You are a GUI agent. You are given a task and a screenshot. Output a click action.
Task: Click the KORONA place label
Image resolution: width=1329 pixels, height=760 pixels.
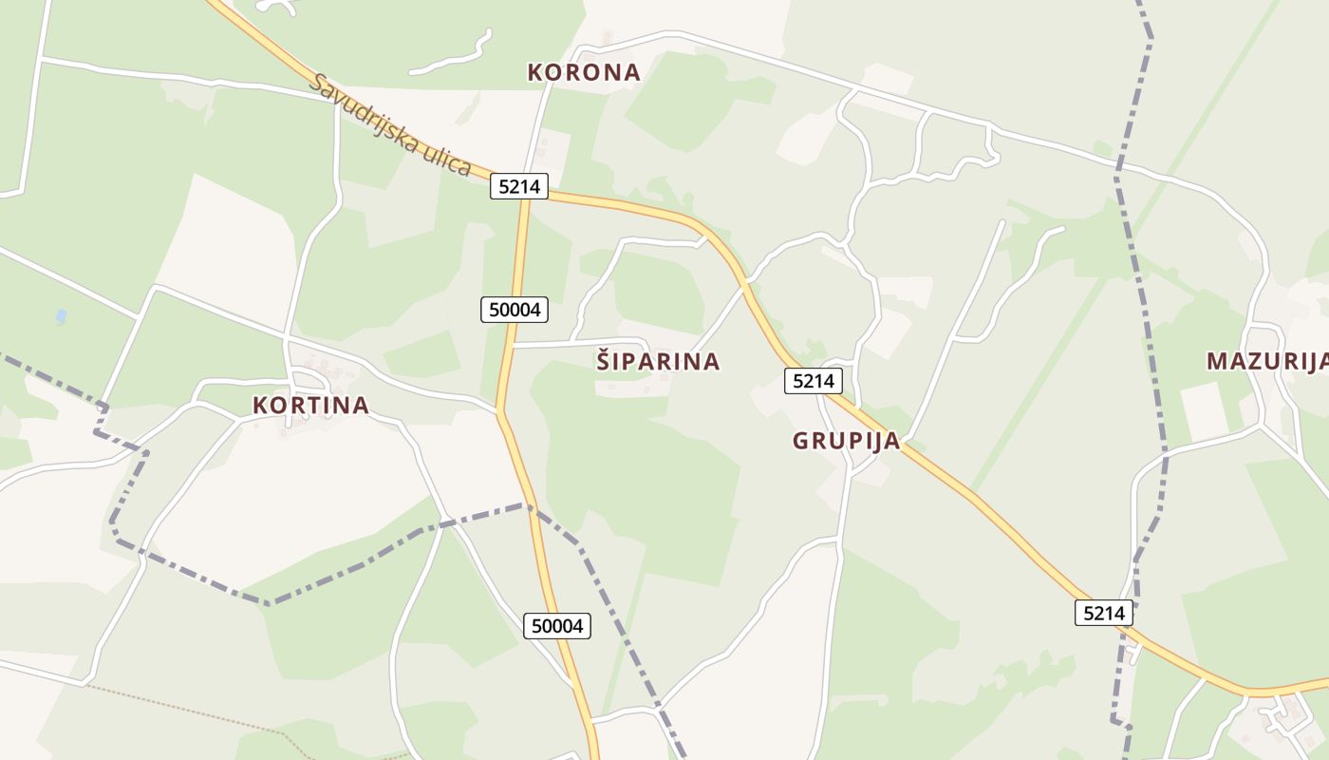tap(584, 72)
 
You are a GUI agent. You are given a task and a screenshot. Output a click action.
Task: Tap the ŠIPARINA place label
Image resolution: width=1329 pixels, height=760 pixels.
tap(658, 361)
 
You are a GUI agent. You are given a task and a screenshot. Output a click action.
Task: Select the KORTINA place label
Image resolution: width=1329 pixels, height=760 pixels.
tap(310, 405)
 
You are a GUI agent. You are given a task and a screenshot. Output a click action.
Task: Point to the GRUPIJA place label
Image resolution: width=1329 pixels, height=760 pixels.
tap(846, 441)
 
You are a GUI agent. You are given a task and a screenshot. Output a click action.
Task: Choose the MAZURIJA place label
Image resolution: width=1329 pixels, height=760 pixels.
tap(1266, 361)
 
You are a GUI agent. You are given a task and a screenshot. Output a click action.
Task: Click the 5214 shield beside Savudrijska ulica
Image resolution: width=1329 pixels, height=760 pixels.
tap(519, 186)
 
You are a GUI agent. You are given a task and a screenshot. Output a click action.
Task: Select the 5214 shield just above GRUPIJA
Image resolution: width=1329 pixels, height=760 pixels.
tap(814, 381)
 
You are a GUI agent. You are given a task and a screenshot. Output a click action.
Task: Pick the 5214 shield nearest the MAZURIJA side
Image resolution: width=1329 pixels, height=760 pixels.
tap(1104, 613)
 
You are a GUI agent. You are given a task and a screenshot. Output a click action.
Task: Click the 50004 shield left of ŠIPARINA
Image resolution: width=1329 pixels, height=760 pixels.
tap(515, 309)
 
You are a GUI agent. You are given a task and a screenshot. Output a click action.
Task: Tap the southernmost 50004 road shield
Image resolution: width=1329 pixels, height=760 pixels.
tap(557, 625)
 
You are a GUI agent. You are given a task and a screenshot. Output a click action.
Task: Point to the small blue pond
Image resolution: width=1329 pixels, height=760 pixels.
tap(62, 315)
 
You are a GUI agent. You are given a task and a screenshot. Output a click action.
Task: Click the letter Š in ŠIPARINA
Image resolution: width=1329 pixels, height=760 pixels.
tap(604, 360)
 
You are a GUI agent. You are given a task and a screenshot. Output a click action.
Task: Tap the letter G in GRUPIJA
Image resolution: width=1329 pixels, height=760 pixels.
tap(800, 441)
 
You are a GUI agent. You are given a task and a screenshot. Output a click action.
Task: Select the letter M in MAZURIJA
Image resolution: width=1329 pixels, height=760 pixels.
tap(1216, 361)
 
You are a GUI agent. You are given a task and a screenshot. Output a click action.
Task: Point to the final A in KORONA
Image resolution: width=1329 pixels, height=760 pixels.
tap(631, 72)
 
